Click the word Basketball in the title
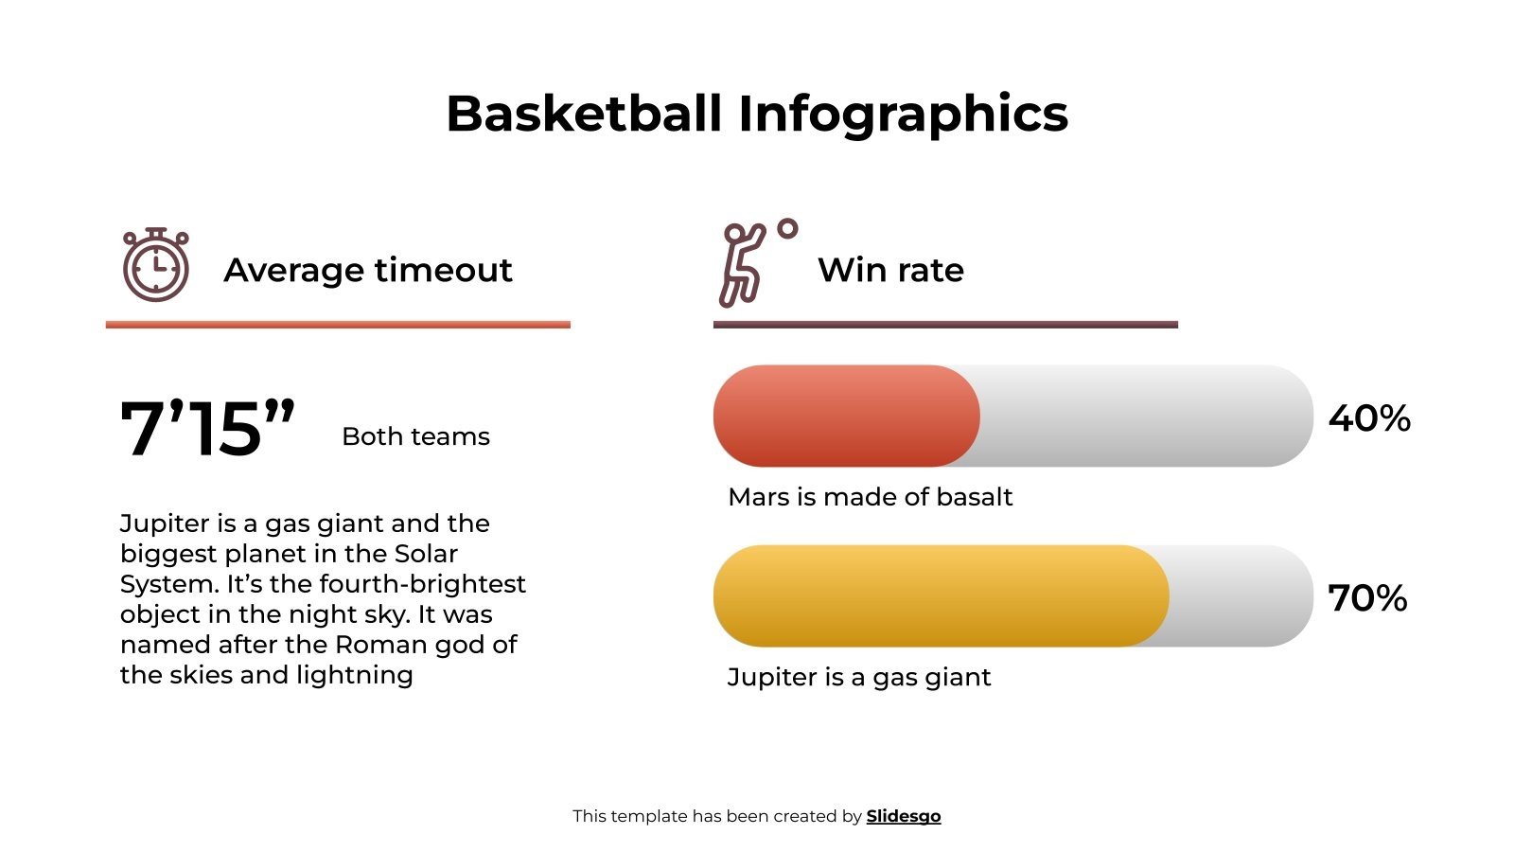point(583,114)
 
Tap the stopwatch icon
point(156,265)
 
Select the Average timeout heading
point(367,270)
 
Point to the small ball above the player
point(787,228)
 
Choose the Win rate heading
point(890,270)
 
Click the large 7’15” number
point(207,429)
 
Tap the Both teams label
point(415,436)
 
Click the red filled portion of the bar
point(845,416)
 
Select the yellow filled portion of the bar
point(940,595)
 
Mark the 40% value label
point(1368,417)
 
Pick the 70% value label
point(1367,597)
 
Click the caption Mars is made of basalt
point(870,497)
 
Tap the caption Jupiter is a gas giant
point(858,677)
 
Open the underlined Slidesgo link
point(903,816)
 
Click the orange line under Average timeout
point(338,325)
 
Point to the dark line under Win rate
point(944,325)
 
